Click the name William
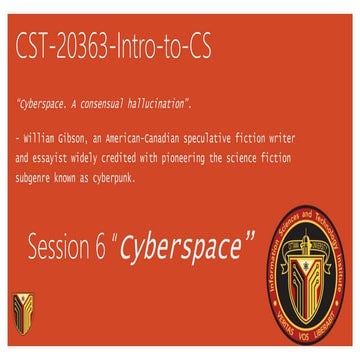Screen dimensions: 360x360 pos(42,139)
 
